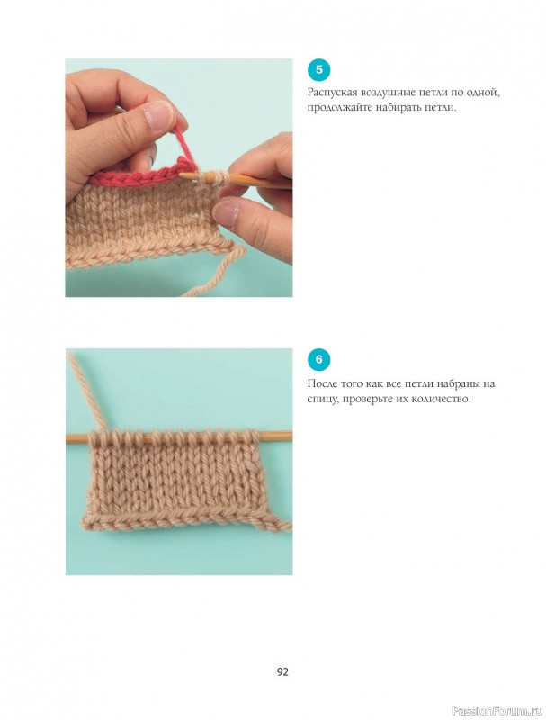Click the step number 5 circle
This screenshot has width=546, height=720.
pyautogui.click(x=318, y=70)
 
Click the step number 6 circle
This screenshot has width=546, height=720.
pyautogui.click(x=318, y=359)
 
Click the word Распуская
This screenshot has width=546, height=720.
pyautogui.click(x=332, y=94)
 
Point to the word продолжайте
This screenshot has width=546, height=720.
pyautogui.click(x=335, y=109)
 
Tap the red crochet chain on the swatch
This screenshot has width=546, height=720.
pyautogui.click(x=138, y=176)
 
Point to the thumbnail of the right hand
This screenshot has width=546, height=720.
pyautogui.click(x=226, y=211)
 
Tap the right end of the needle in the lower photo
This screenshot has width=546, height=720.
pyautogui.click(x=291, y=435)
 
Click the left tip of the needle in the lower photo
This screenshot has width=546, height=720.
pyautogui.click(x=67, y=438)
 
